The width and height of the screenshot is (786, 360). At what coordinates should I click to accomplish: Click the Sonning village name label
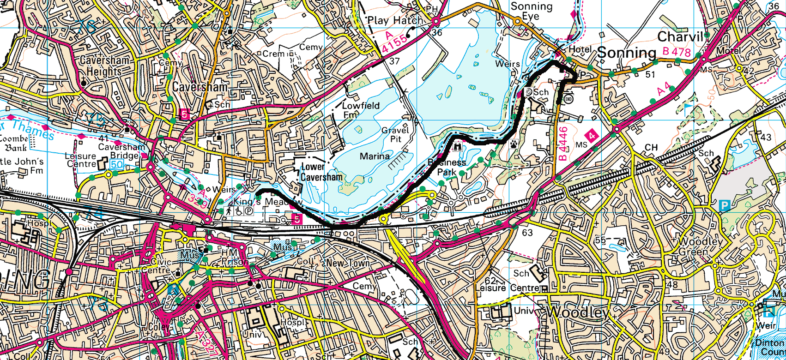point(626,53)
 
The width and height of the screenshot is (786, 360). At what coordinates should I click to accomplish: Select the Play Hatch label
point(394,20)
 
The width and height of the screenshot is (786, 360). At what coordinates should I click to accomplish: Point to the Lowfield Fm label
point(360,109)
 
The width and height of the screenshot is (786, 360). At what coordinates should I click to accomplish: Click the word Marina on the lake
point(374,156)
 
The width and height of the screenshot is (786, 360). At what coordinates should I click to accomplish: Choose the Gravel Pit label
point(395,134)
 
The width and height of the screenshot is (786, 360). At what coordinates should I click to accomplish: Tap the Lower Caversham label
point(321,172)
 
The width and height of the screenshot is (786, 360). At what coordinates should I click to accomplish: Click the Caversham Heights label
point(104,66)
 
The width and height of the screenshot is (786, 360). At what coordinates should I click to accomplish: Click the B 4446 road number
point(562,144)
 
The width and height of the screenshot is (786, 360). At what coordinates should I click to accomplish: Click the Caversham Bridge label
point(121,151)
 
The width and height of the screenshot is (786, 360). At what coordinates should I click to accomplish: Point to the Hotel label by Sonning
point(580,49)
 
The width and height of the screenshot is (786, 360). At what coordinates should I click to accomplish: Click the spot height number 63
point(527,233)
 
